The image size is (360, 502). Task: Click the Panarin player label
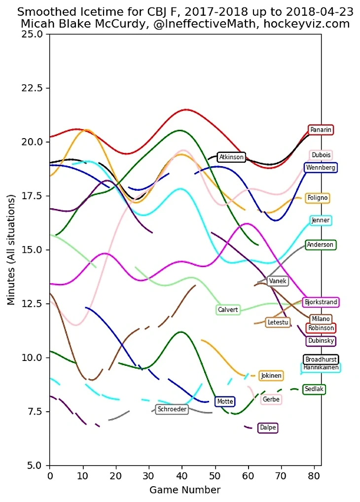(x=321, y=130)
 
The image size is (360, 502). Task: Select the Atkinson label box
(x=231, y=157)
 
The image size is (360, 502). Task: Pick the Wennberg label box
(x=321, y=168)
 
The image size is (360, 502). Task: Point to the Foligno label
(x=318, y=198)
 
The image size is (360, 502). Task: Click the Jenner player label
(x=321, y=220)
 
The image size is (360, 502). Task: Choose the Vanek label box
(x=278, y=281)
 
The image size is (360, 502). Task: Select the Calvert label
(x=228, y=310)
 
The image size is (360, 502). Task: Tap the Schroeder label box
(x=172, y=409)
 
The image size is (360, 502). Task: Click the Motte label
(x=225, y=401)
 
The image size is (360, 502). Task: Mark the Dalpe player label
(x=268, y=428)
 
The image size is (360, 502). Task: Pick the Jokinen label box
(x=271, y=376)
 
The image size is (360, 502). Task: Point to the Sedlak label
(x=314, y=390)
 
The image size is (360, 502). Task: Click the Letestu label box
(x=278, y=323)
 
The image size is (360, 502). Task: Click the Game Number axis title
(x=185, y=490)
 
